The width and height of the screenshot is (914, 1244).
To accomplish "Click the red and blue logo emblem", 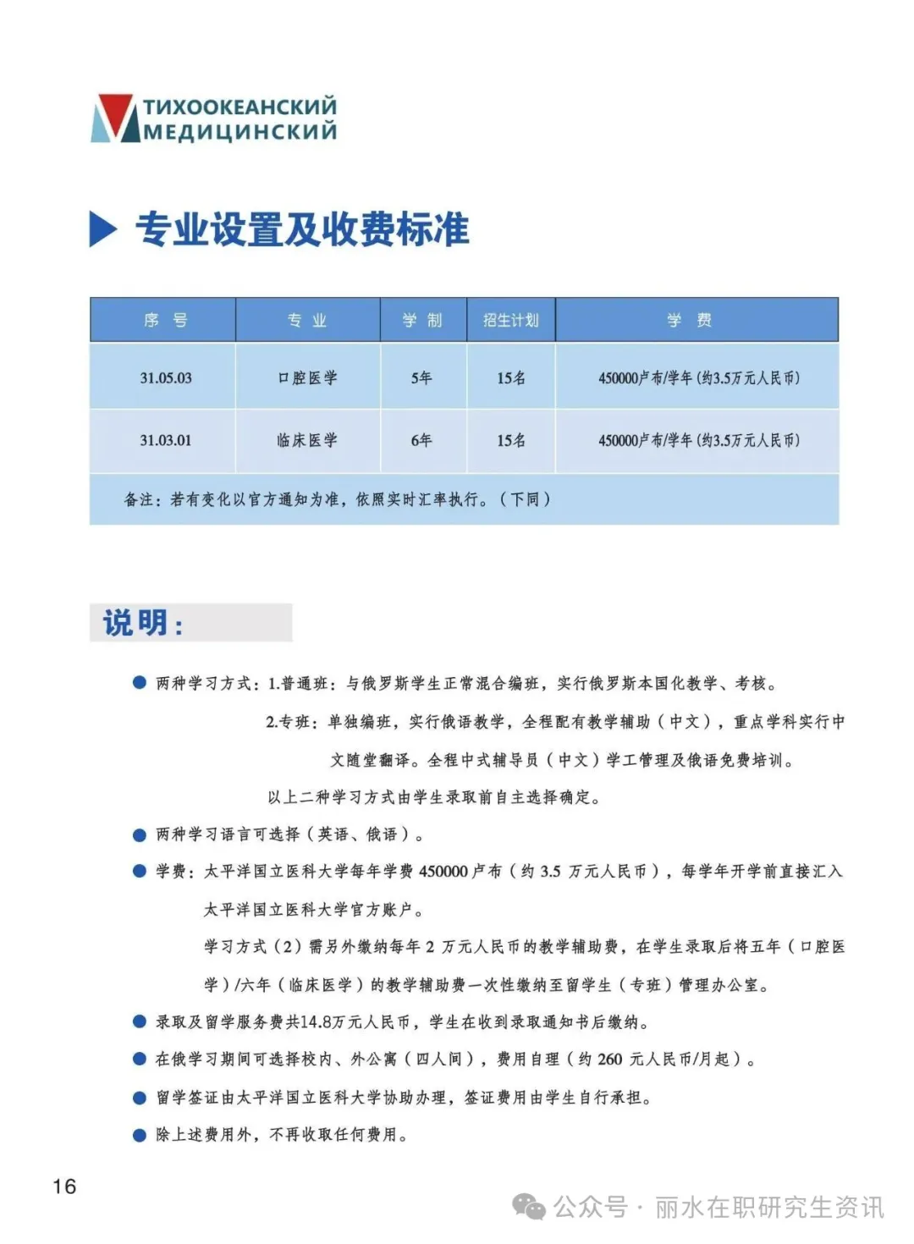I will point(113,118).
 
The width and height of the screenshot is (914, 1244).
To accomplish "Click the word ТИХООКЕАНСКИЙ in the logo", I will point(240,107).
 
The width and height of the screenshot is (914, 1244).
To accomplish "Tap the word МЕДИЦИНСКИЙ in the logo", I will point(240,131).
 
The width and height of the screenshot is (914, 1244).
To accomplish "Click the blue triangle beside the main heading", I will point(102,229).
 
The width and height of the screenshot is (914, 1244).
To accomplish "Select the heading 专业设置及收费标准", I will point(302,229).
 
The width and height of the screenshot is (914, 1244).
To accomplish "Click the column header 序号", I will point(165,320).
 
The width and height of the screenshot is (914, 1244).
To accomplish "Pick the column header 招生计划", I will point(510,320).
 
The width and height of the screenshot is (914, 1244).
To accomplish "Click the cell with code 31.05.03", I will point(166,377).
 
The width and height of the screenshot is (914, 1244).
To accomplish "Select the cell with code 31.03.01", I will point(166,440).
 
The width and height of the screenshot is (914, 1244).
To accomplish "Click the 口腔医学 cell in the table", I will point(307,377).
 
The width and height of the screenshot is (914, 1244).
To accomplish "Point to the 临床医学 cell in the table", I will point(307,440).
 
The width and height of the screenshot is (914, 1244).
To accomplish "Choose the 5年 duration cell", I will point(421,377).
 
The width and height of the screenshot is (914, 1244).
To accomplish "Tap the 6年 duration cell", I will point(421,440).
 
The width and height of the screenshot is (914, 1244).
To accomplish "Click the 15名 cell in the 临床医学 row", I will point(510,440).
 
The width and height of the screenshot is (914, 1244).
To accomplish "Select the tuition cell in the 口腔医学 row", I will point(698,377).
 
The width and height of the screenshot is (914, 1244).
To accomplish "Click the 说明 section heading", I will point(142,623).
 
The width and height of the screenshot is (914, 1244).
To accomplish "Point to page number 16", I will point(64,1186).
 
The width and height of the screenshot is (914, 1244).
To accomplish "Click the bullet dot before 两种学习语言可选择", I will point(140,835).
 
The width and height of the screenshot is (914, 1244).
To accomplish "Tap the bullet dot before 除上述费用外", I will point(140,1135).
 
